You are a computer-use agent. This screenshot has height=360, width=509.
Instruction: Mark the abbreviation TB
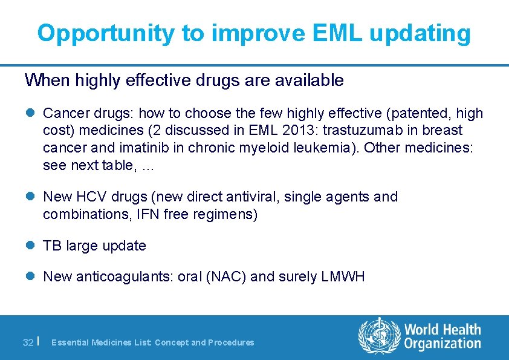coord(53,246)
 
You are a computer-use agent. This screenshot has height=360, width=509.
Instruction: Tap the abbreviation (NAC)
coord(225,277)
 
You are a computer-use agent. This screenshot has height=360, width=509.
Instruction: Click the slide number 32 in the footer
coord(28,342)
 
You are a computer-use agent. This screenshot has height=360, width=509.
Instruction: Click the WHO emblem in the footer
coord(379,337)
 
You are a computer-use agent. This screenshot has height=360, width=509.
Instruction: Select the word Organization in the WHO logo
coord(442,344)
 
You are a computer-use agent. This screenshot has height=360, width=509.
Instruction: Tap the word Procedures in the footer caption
coord(231,342)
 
